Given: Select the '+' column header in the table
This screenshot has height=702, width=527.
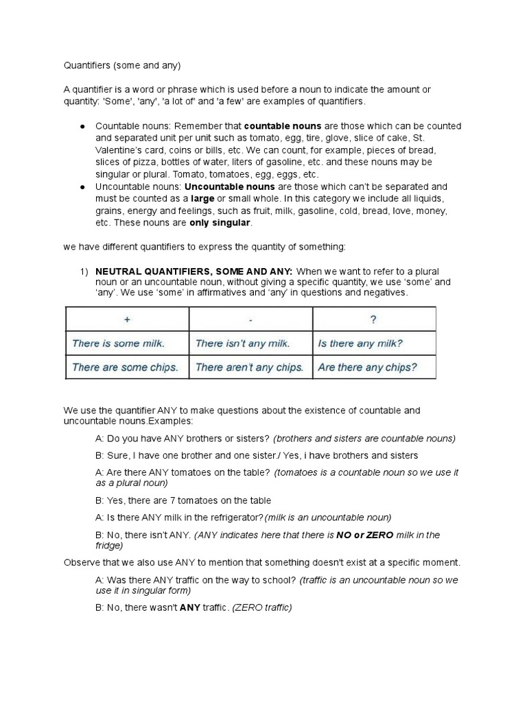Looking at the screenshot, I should [x=126, y=319].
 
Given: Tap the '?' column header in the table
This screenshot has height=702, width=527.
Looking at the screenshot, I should [x=373, y=319].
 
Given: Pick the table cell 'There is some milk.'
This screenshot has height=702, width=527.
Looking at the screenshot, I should [x=118, y=343].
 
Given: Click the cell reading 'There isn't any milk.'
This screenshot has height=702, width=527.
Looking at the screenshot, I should [x=242, y=343].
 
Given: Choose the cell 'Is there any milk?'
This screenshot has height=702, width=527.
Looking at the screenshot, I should [x=360, y=343].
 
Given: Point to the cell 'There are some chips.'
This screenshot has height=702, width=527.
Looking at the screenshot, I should [x=124, y=367].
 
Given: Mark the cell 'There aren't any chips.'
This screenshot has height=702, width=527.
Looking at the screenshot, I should [x=249, y=367].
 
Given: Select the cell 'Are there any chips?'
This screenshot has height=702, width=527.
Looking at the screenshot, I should [x=367, y=367].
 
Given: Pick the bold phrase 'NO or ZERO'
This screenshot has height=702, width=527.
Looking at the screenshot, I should [x=369, y=535].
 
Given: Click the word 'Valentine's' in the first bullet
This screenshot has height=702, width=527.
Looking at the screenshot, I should [x=120, y=149].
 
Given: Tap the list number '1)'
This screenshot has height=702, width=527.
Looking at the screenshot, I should [x=84, y=271].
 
